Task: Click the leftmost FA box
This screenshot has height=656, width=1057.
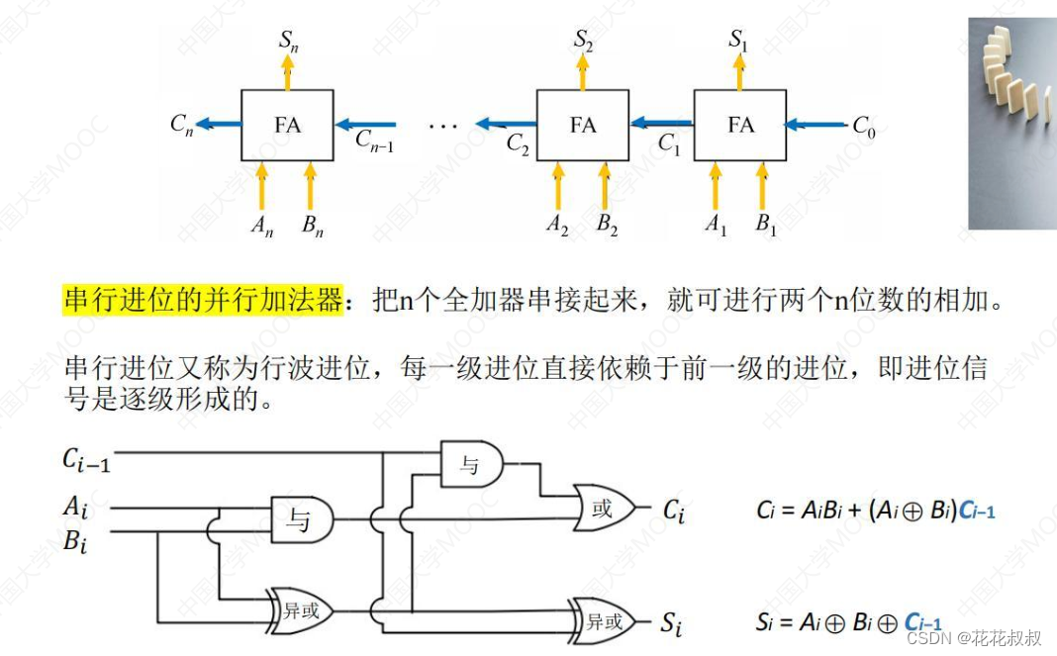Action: pyautogui.click(x=287, y=125)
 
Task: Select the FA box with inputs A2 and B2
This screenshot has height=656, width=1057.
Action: pyautogui.click(x=582, y=125)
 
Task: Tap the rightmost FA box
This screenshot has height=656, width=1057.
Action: pyautogui.click(x=739, y=125)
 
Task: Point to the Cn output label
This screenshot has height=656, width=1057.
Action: pyautogui.click(x=181, y=125)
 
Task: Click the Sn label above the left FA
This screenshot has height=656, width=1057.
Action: pyautogui.click(x=288, y=42)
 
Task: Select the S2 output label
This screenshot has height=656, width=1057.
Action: pyautogui.click(x=583, y=41)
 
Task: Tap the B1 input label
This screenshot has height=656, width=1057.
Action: pyautogui.click(x=766, y=226)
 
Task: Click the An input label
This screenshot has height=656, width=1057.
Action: pyautogui.click(x=261, y=227)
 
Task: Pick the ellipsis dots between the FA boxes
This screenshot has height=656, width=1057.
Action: pyautogui.click(x=442, y=127)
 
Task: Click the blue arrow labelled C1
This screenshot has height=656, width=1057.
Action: pyautogui.click(x=661, y=124)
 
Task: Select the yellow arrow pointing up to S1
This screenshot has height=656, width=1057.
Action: pyautogui.click(x=739, y=72)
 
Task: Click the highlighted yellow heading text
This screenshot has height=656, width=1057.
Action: pyautogui.click(x=203, y=300)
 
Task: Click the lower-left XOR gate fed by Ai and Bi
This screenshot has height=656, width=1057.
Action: pyautogui.click(x=300, y=610)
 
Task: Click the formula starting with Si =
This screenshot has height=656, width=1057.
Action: pyautogui.click(x=875, y=622)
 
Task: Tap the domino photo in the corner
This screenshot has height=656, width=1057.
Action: pyautogui.click(x=1010, y=124)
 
